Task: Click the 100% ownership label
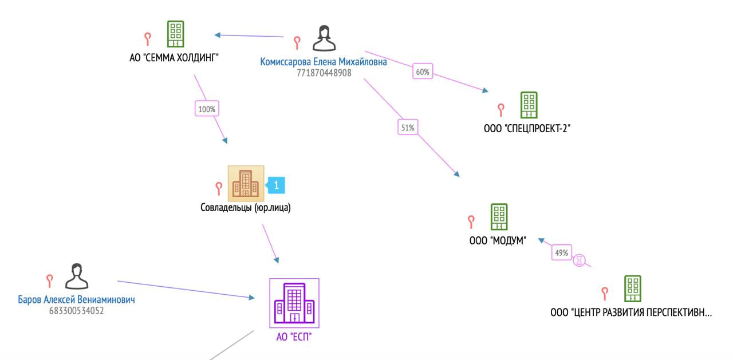[x=207, y=109]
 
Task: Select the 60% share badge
[x=423, y=72]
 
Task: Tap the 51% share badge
[x=408, y=127]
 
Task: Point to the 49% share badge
[x=562, y=252]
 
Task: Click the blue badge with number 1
[x=275, y=185]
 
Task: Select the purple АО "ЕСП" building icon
[x=294, y=303]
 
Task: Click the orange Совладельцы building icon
[x=246, y=183]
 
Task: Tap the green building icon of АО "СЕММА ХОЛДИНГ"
[x=175, y=34]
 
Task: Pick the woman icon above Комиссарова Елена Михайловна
[x=324, y=38]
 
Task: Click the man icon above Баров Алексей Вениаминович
[x=77, y=276]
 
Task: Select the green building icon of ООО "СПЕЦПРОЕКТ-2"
[x=529, y=105]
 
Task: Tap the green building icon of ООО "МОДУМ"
[x=499, y=217]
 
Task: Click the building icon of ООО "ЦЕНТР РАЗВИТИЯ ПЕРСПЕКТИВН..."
[x=633, y=288]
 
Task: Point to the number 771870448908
[x=324, y=73]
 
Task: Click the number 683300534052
[x=77, y=311]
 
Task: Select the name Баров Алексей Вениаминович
[x=76, y=299]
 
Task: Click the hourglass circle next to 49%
[x=580, y=260]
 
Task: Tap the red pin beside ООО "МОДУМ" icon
[x=471, y=221]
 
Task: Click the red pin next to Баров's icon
[x=49, y=281]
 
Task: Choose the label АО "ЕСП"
[x=294, y=337]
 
